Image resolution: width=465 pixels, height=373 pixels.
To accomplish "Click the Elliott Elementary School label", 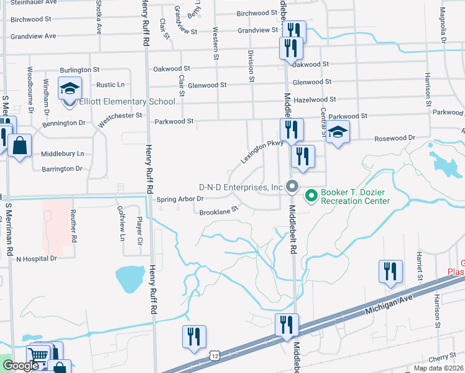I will click(127, 102).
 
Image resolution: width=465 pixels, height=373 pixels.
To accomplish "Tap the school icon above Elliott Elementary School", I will click(70, 88).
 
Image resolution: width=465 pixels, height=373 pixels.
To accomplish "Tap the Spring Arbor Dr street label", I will click(180, 199).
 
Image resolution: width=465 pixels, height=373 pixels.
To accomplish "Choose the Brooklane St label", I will click(219, 212).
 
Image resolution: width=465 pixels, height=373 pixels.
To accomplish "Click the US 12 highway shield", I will click(214, 355).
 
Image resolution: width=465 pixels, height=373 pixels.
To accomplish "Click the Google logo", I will click(21, 366).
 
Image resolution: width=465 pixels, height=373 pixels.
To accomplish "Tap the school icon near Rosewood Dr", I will click(338, 132).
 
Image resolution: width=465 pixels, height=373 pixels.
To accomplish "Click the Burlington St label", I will click(80, 70).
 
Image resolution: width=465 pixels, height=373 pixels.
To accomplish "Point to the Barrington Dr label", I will click(62, 168).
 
